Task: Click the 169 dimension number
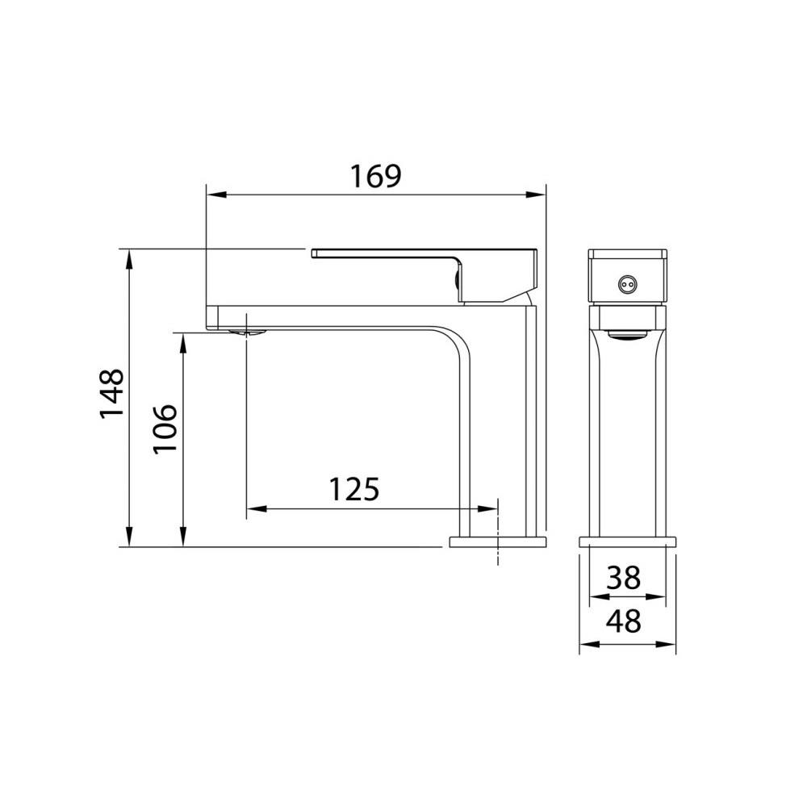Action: tap(375, 176)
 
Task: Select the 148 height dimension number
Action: tap(111, 393)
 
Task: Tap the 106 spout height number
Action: tap(165, 429)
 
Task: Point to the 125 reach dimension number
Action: tap(354, 489)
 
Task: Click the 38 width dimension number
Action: tap(623, 578)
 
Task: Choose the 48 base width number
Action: tap(623, 621)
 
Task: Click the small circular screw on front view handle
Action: tap(626, 283)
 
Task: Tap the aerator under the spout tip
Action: tap(247, 332)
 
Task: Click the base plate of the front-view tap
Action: tap(627, 542)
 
